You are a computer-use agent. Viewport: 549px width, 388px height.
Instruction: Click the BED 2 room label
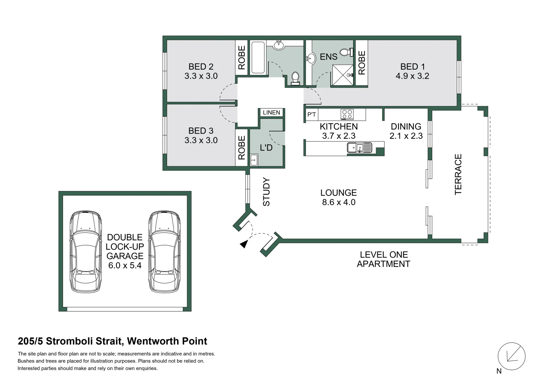coord(201,66)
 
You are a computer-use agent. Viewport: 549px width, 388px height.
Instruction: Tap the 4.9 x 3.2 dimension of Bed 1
coord(412,76)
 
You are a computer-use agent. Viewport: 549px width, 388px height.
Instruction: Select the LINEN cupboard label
coord(271,112)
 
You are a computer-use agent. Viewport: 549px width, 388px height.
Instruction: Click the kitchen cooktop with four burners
coord(347,114)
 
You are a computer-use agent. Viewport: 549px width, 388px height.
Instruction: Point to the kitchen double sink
coord(359,148)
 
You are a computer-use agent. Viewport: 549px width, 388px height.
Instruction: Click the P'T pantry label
coord(312,115)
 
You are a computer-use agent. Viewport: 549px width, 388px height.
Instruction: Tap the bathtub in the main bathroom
coord(258,57)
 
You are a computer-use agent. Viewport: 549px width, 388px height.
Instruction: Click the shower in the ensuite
coord(342,75)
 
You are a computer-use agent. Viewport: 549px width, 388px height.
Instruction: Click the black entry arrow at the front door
coord(244,244)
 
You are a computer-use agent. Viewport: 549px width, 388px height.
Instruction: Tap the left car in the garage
coord(85,251)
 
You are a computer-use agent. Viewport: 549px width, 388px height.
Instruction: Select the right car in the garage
coord(164,251)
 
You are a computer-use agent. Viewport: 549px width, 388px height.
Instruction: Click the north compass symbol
coord(511,356)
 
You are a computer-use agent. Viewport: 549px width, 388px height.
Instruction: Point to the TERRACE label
coord(458,174)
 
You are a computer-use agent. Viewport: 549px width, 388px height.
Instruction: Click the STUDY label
coord(266,191)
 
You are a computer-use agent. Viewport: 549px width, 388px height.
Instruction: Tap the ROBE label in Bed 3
coord(242,148)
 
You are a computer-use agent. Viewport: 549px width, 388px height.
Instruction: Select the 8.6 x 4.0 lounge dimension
coord(338,202)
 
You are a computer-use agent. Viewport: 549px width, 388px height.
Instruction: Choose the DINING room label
coord(406,126)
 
